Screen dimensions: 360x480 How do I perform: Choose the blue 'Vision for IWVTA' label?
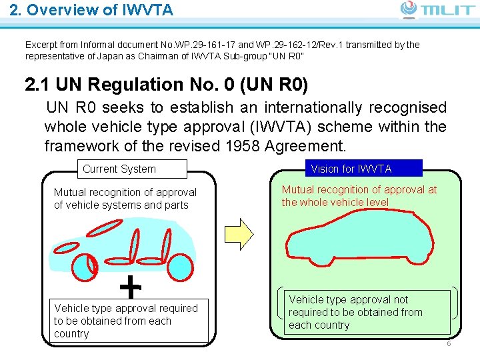[351, 169]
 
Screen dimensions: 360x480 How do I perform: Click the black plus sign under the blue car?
[131, 287]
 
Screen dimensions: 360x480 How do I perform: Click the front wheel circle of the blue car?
[84, 267]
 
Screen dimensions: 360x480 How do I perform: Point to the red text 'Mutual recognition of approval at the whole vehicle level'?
[359, 195]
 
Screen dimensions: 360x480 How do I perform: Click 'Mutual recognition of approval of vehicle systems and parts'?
[125, 198]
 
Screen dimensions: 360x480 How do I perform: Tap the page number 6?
[449, 344]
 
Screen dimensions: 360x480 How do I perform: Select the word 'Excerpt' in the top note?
[42, 45]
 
